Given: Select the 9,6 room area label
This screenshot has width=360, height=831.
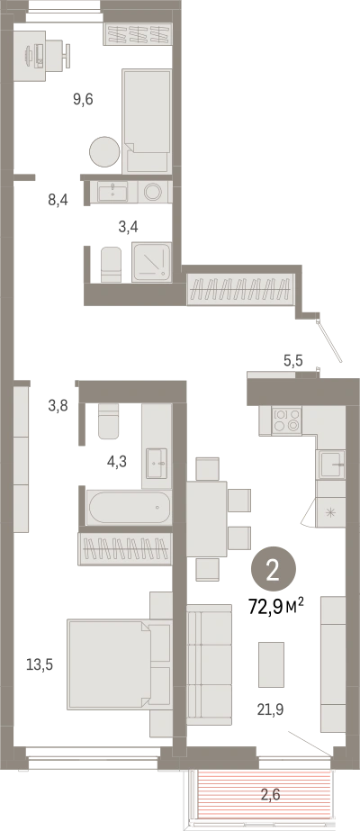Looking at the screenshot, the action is point(83,98).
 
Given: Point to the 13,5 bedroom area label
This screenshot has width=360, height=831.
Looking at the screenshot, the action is point(40,664).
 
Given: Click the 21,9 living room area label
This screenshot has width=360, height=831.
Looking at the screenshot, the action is point(271,709).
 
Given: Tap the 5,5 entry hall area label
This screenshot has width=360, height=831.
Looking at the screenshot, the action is point(292,361).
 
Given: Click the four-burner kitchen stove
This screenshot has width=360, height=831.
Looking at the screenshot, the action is point(286,420).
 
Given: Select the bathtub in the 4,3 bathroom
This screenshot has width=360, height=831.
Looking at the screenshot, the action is point(130,507).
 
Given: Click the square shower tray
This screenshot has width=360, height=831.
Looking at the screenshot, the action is point(152,262).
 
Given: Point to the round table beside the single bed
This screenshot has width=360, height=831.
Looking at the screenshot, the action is point(104,152).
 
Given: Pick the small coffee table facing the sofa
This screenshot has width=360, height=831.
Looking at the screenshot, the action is point(271,664).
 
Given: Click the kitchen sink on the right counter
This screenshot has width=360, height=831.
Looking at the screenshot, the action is point(332,465).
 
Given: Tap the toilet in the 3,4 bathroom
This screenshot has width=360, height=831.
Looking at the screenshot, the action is point(111,265).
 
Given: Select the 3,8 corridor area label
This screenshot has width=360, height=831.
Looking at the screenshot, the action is point(58,406).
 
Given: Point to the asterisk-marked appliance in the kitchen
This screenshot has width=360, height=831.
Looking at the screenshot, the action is point(330,512).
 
